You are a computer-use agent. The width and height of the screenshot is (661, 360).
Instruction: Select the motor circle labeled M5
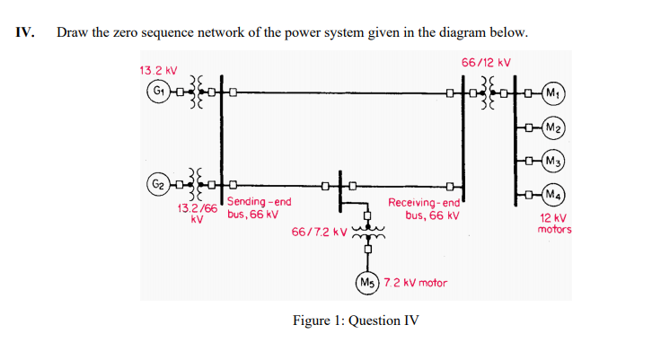click(366, 282)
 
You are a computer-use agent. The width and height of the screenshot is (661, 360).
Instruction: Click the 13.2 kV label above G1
click(158, 69)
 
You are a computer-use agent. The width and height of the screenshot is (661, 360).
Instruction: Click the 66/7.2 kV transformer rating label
click(319, 233)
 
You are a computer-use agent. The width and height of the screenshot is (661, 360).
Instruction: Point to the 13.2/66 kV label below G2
click(197, 213)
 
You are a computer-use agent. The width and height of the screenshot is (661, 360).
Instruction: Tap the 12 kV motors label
click(554, 224)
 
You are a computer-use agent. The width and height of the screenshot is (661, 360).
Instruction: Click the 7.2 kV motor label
click(415, 283)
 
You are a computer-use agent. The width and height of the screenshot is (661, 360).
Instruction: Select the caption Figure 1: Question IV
click(356, 320)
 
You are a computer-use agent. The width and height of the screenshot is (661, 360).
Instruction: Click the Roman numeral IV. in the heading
click(25, 33)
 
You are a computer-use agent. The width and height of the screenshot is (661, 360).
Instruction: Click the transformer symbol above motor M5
click(366, 235)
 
